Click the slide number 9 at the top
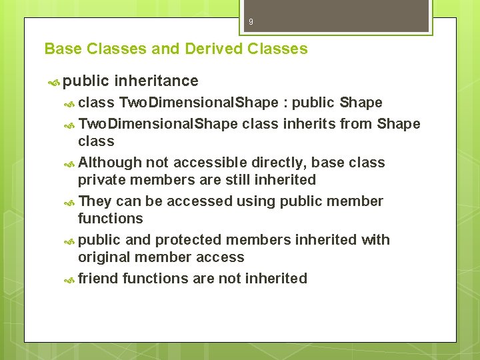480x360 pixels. (251, 22)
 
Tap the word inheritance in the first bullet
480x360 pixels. (156, 81)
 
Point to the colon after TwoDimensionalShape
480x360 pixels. (285, 103)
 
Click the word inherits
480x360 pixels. (296, 124)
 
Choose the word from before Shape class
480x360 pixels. (358, 124)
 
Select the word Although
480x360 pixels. (110, 163)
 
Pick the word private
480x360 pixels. (101, 180)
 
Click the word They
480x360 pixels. (95, 201)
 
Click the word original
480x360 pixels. (103, 257)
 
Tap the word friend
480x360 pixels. (98, 279)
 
